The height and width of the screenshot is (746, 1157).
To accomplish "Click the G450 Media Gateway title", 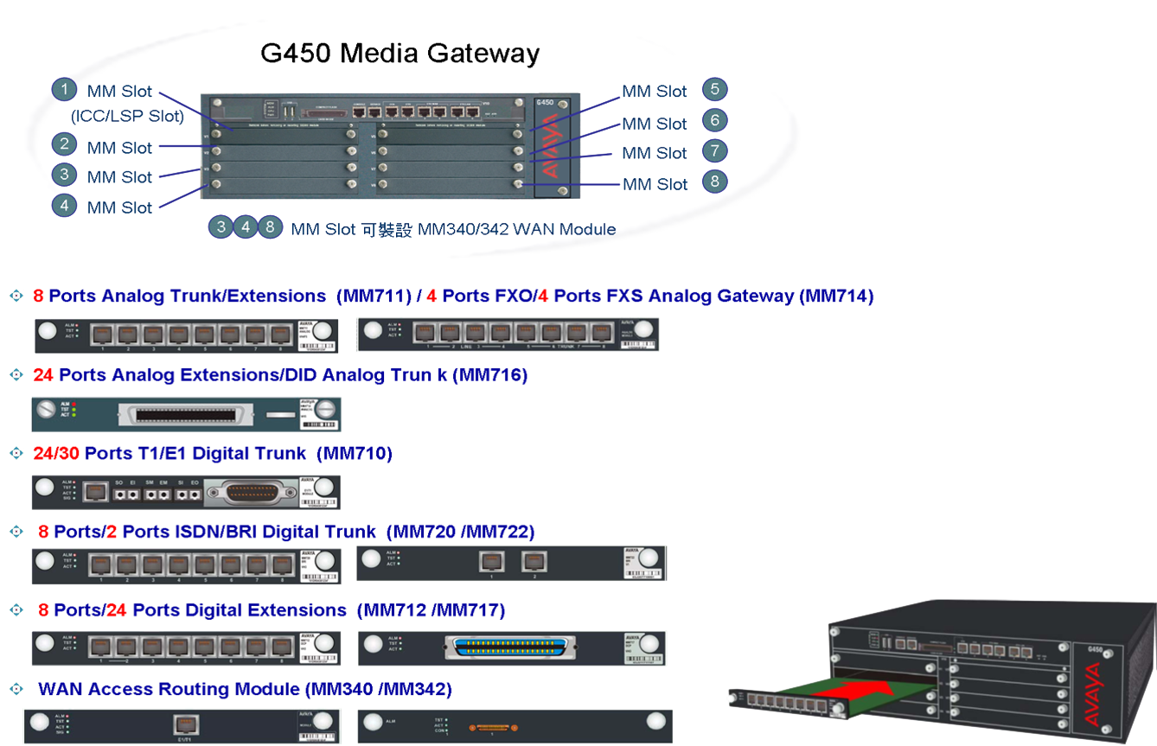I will (400, 54).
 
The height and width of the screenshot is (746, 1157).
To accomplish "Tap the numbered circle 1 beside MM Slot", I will (64, 90).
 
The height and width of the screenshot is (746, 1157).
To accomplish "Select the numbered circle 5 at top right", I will (714, 89).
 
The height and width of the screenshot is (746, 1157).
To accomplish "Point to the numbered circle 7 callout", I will (714, 151).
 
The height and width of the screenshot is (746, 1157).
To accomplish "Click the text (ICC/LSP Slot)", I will (127, 116).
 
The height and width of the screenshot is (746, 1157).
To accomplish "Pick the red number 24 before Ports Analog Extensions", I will (44, 375).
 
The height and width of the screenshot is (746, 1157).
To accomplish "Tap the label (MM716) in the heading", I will (489, 375).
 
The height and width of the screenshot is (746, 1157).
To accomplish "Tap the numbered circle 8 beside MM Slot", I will (714, 182).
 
